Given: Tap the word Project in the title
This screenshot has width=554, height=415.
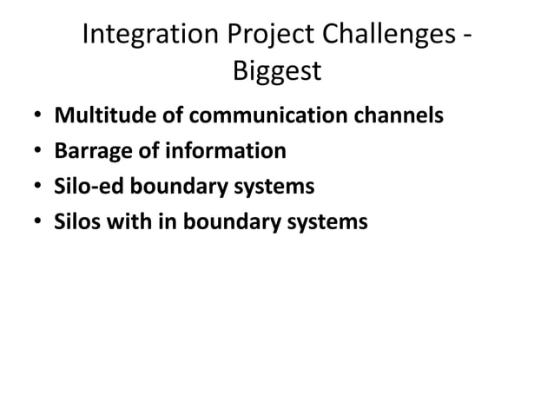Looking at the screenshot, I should coord(260,36).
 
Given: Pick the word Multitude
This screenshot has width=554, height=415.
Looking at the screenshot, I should coord(96,115).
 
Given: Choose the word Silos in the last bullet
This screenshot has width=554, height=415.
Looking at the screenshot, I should coord(77,222).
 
